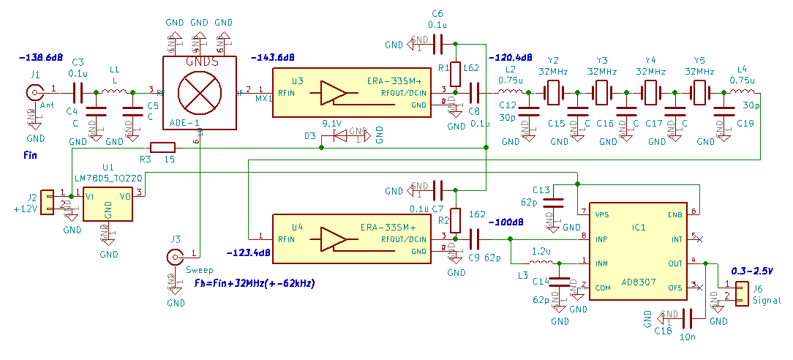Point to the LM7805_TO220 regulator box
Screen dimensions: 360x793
(108, 203)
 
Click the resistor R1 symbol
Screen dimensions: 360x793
(455, 73)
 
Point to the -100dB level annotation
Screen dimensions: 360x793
(507, 222)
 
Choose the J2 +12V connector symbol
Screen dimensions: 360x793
(48, 203)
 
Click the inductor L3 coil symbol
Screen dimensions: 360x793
(541, 263)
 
